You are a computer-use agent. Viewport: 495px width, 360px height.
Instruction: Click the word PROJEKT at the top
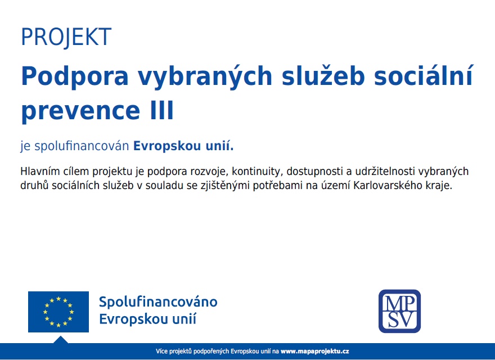tap(66, 37)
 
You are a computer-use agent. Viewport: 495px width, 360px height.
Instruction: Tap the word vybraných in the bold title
tap(205, 76)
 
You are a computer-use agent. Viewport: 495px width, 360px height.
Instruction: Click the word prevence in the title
tap(80, 111)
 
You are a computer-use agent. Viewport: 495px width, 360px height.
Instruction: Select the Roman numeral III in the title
tap(162, 110)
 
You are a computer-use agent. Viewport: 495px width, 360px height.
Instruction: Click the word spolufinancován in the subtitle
tap(82, 146)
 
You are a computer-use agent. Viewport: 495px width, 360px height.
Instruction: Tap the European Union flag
tap(58, 312)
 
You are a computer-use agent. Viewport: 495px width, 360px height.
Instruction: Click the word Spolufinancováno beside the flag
tap(158, 302)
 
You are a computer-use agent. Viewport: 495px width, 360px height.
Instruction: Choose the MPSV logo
tap(400, 311)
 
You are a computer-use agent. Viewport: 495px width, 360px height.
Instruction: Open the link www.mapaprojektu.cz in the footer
tap(315, 351)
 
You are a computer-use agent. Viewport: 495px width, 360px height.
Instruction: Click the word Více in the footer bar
tap(161, 351)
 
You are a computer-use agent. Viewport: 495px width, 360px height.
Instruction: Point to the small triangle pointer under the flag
tap(61, 340)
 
